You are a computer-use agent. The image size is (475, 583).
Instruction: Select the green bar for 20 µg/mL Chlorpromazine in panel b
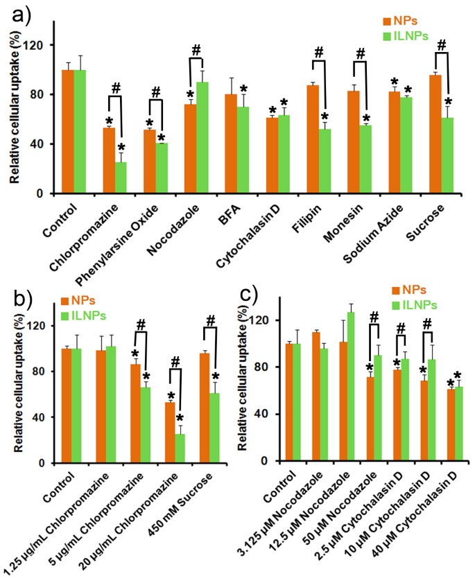[180, 449]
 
